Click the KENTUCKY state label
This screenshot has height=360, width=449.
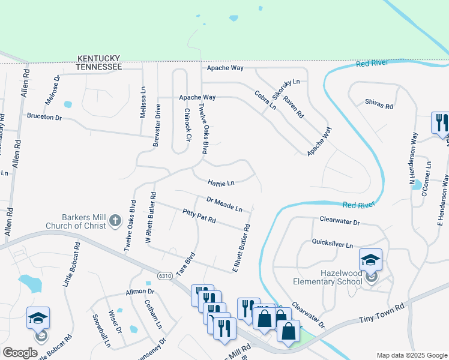pos(99,59)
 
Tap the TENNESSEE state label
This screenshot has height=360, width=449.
pos(99,67)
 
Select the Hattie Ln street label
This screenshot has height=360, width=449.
pos(221,182)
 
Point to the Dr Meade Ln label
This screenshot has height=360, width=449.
pos(224,204)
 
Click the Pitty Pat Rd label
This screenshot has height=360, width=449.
pos(199,216)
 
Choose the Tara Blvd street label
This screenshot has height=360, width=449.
pos(189,260)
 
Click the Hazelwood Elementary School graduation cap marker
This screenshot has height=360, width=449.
pos(371,260)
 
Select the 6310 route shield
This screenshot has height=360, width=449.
pos(166,275)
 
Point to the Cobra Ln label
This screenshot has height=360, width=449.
pos(265,100)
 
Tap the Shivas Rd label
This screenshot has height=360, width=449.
pos(379,104)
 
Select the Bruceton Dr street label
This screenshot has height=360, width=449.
pos(44,117)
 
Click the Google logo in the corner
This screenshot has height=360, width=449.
pos(20,352)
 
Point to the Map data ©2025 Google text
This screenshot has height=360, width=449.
pos(411,355)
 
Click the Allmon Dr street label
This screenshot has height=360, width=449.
pos(140,292)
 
